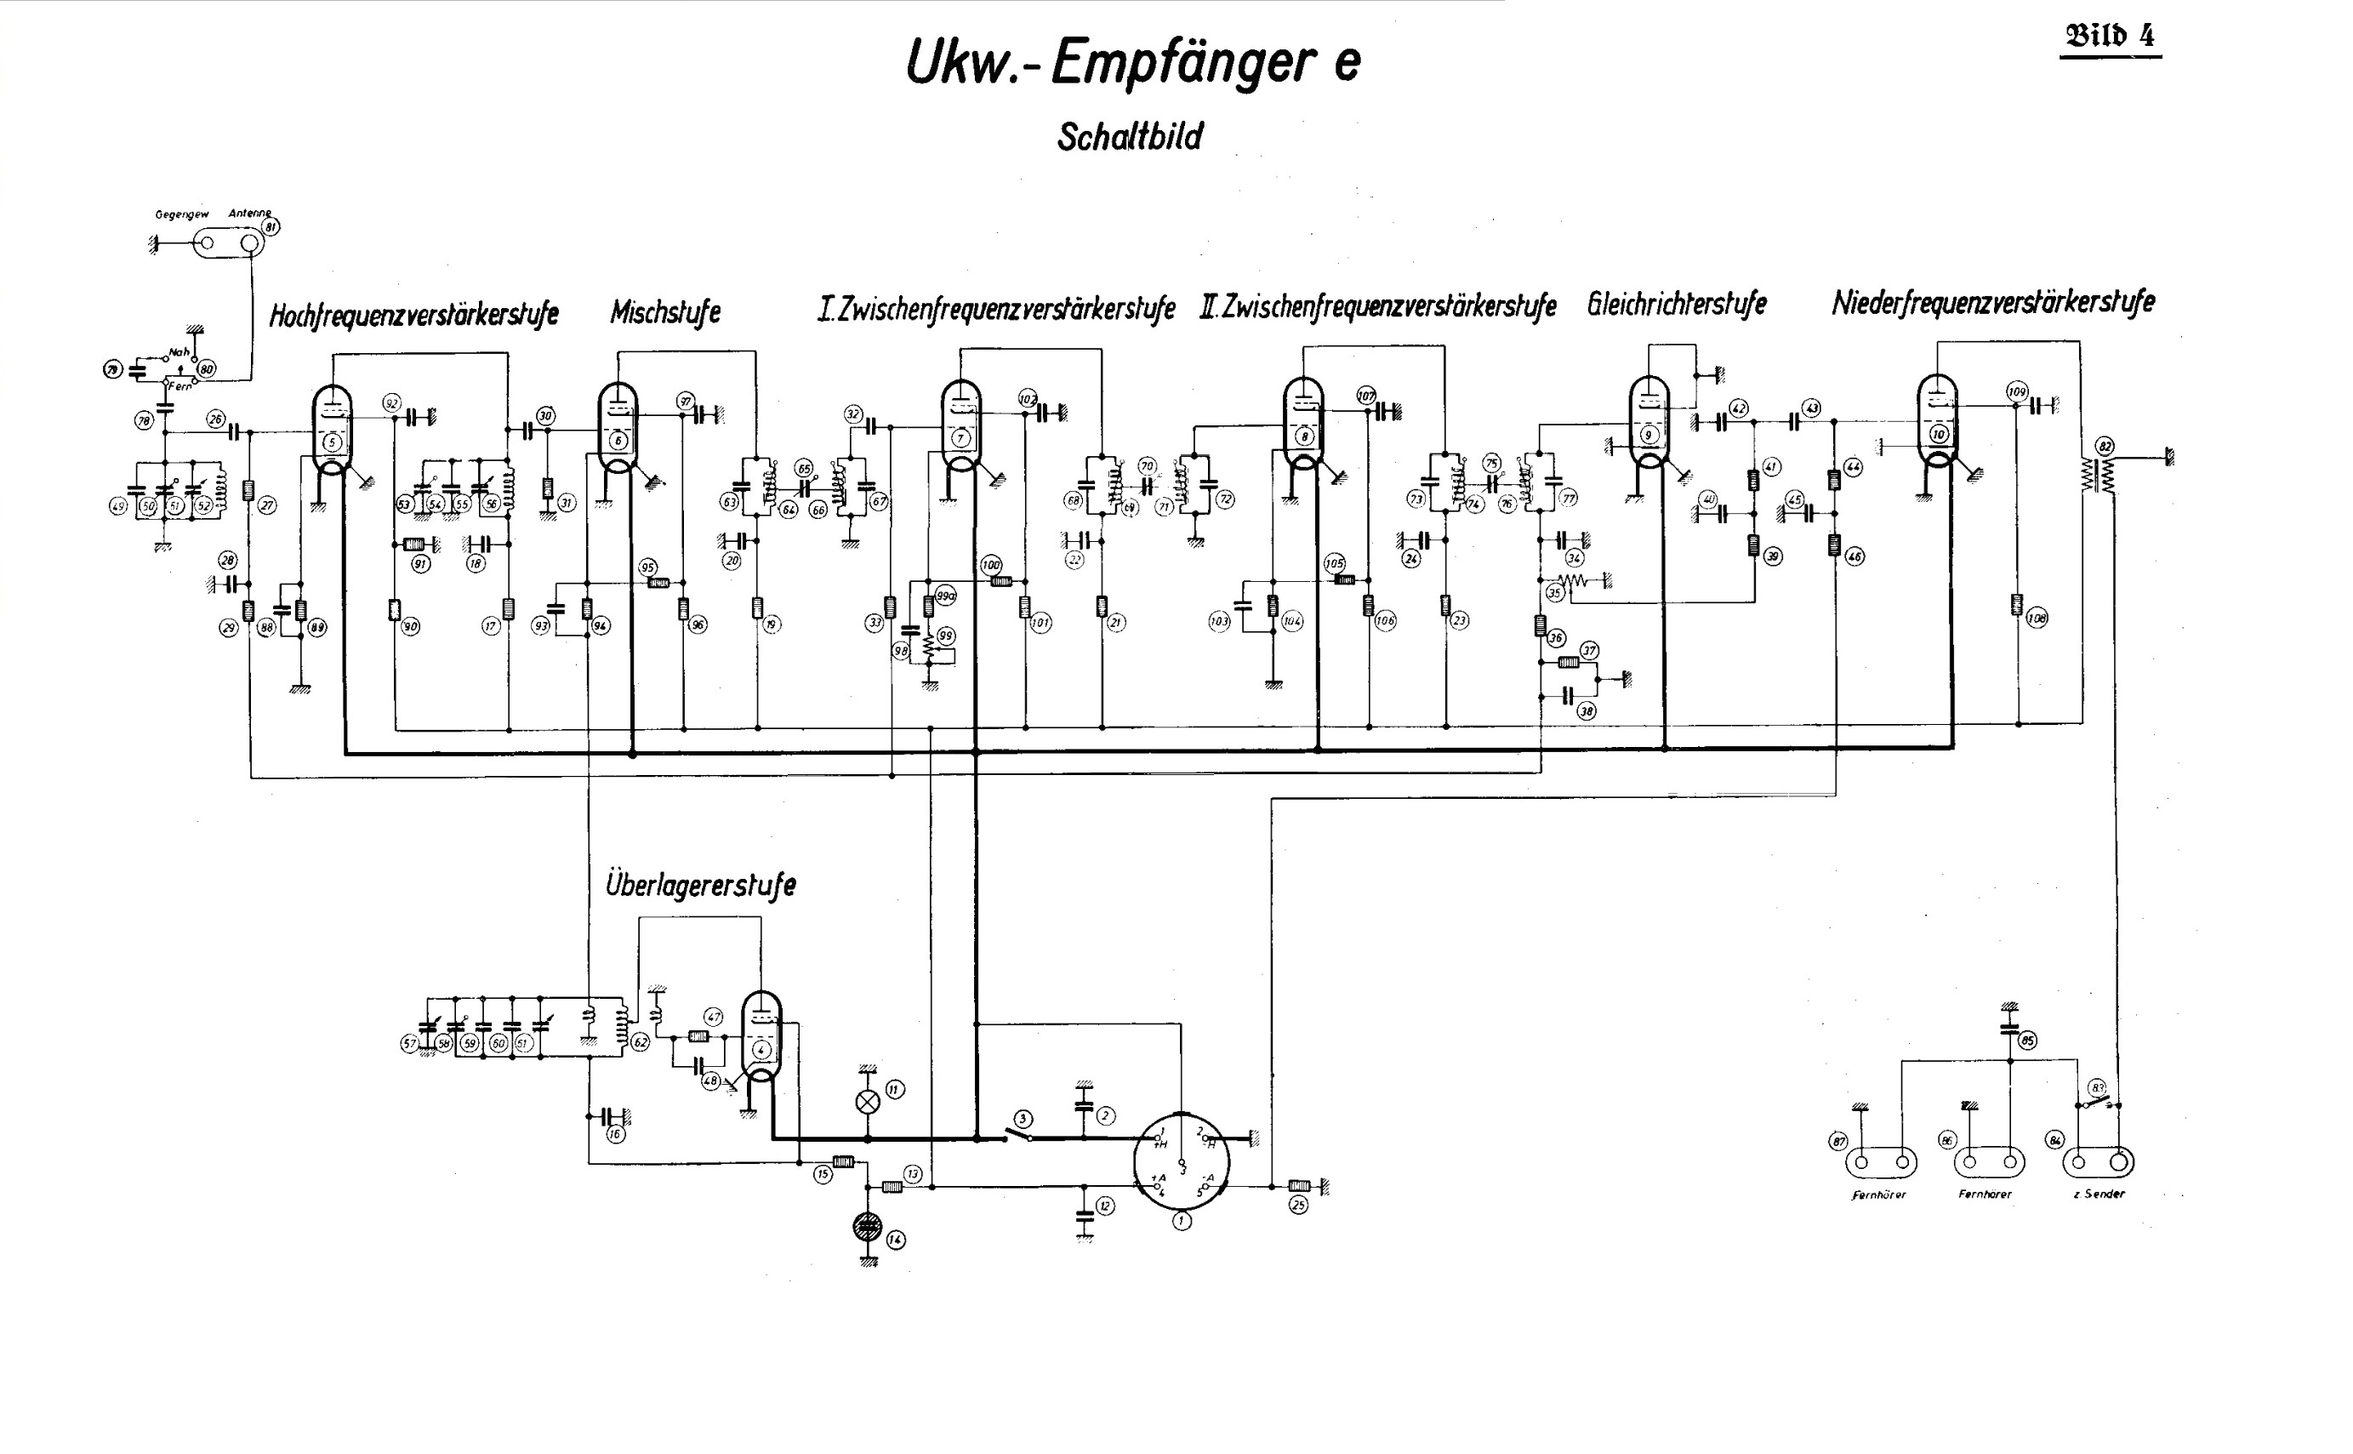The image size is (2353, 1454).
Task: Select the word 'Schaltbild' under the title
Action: coord(1130,137)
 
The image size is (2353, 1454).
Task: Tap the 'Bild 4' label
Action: coord(2110,37)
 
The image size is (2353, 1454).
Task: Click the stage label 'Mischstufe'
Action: coord(665,311)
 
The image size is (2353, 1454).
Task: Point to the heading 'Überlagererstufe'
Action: coord(700,885)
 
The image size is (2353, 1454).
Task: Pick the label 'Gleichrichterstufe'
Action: coord(1677,304)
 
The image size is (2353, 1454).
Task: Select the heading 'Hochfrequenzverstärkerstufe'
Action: coord(413,315)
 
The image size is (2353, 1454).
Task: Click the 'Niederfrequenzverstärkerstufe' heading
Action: coord(1992,303)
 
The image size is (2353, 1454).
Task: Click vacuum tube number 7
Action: coord(960,428)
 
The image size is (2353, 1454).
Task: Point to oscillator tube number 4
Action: coord(761,1040)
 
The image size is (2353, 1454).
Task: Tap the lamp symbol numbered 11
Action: coord(868,1102)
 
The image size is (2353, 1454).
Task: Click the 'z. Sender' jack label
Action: coord(2099,1195)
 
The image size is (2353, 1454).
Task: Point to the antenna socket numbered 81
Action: coord(252,243)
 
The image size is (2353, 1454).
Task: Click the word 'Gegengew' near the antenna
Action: coord(182,214)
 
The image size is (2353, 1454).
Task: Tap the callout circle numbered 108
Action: coord(2036,619)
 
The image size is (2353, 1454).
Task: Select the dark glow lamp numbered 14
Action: coord(868,1226)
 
